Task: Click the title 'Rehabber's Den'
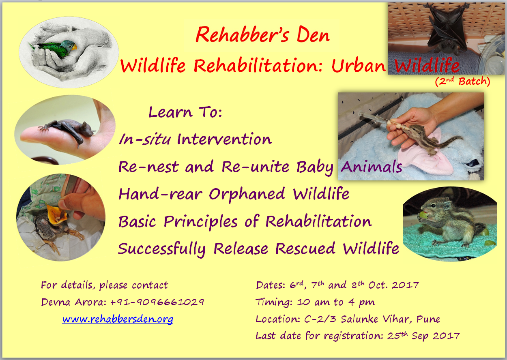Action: point(262,35)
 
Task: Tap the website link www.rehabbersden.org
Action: point(118,319)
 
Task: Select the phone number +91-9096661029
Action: point(157,302)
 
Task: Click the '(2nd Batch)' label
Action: point(462,81)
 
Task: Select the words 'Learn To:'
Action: point(185,112)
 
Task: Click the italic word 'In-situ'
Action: point(145,139)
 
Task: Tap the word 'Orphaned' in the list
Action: point(247,194)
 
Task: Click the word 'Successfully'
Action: point(161,249)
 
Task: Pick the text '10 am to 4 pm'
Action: point(336,302)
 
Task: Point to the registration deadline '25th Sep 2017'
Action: point(423,336)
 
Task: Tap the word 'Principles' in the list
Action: point(200,222)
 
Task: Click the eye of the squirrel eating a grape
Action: point(433,206)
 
